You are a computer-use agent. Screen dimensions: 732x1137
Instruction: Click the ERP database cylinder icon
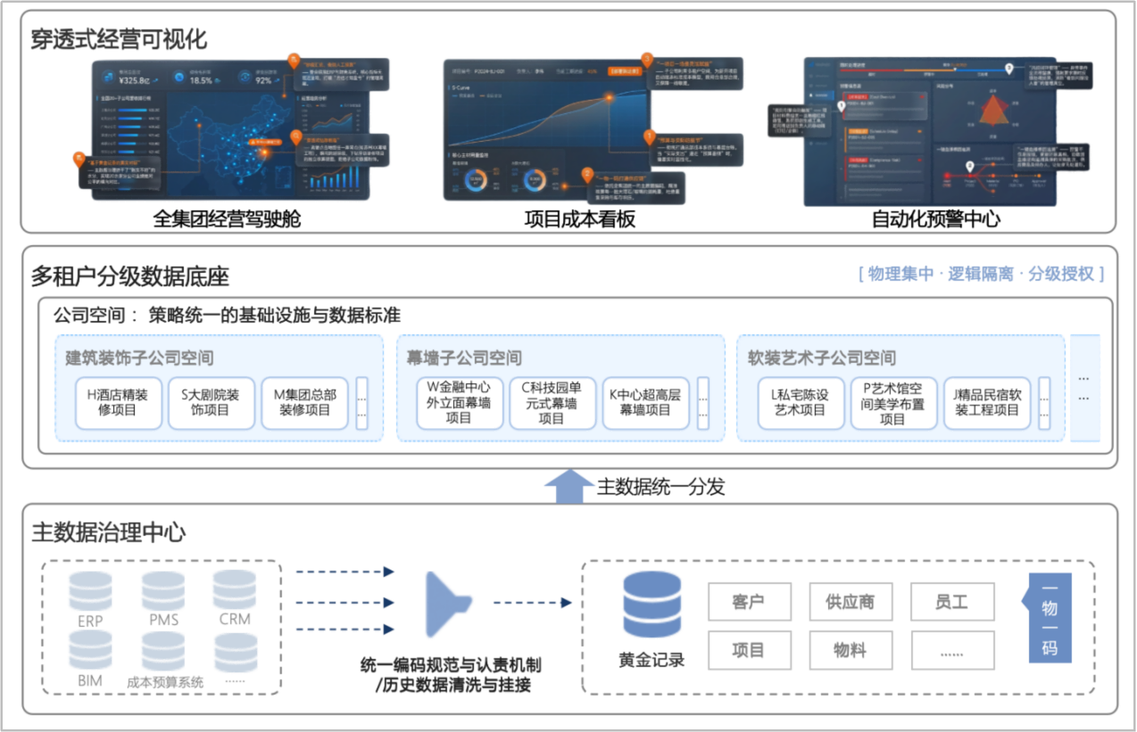[x=91, y=591]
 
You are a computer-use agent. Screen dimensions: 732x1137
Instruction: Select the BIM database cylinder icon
[x=91, y=650]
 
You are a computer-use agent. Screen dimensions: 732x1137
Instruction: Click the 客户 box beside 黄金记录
[x=749, y=602]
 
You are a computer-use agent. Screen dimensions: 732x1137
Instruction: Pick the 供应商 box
[x=851, y=602]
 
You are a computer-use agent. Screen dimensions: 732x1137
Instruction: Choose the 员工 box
[x=952, y=602]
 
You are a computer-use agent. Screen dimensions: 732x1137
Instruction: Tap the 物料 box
[x=851, y=650]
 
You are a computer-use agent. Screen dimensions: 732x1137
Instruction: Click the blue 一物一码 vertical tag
[x=1050, y=618]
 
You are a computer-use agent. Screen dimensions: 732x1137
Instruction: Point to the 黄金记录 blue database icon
[x=652, y=605]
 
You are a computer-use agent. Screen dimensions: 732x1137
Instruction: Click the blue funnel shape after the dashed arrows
[x=446, y=604]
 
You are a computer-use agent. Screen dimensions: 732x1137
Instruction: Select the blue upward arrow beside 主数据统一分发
[x=569, y=486]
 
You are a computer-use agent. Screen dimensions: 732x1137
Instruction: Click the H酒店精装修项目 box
[x=118, y=403]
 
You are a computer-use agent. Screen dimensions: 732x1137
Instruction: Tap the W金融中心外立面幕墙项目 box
[x=459, y=403]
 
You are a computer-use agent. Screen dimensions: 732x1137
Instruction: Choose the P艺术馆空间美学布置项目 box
[x=893, y=403]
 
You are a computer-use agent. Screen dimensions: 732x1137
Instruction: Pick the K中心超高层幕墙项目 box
[x=645, y=403]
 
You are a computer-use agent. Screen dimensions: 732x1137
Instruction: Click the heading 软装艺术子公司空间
[x=822, y=358]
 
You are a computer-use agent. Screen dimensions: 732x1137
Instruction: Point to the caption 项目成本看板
[x=580, y=219]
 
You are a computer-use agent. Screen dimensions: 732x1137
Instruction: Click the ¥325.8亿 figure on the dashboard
[x=134, y=81]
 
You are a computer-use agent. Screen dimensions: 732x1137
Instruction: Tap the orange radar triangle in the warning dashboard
[x=993, y=111]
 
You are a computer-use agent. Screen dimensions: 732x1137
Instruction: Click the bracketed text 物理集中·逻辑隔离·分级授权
[x=981, y=274]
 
